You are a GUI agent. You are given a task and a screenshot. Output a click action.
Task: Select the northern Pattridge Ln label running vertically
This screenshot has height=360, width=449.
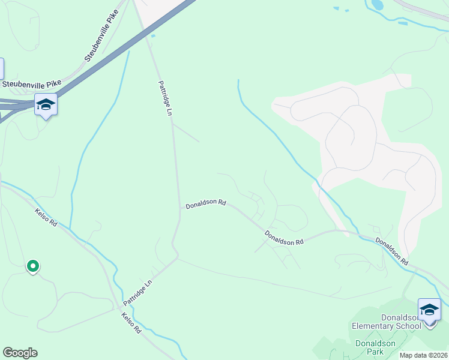pos(165,98)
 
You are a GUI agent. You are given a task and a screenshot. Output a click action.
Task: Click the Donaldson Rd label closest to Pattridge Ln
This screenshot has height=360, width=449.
pos(205,204)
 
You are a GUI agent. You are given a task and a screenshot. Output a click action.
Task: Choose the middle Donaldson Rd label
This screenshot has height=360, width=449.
pos(284,238)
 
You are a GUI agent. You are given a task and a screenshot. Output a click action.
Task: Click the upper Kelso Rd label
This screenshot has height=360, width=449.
pos(46,217)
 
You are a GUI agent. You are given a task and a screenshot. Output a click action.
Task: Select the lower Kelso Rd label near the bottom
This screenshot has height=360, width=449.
pos(130,322)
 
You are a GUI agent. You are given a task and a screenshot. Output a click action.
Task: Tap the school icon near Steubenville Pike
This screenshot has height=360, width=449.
pos(46,105)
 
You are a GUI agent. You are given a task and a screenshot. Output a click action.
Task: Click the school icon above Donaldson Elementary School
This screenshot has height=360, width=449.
pos(429,310)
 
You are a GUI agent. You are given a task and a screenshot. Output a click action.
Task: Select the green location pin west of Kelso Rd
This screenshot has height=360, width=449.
pos(32,266)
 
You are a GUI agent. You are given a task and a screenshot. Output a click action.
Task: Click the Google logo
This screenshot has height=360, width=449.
pos(20,353)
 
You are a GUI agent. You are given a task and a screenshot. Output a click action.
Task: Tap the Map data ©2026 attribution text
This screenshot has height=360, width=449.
pos(424,355)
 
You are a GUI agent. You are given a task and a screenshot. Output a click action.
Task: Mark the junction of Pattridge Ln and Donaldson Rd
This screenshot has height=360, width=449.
pos(179,208)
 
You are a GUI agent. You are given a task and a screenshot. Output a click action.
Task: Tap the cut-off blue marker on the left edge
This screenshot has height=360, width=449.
pos(2,68)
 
